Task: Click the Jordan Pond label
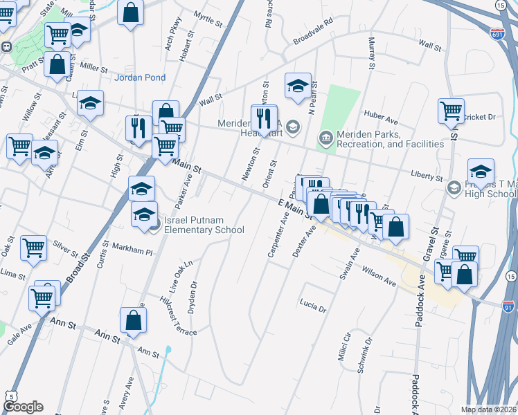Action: click(x=140, y=77)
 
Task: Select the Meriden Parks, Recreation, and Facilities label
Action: click(x=389, y=139)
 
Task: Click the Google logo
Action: click(x=23, y=407)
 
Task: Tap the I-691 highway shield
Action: click(x=497, y=33)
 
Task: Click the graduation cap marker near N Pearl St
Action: click(x=298, y=86)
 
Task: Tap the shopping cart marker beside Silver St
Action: click(x=33, y=247)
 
